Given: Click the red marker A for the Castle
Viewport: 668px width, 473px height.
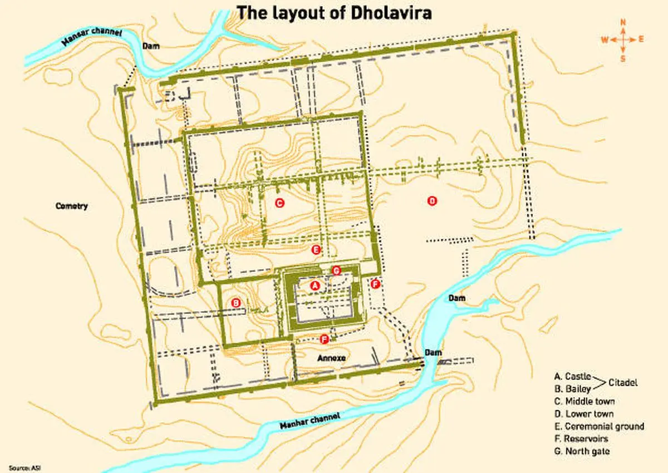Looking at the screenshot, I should (x=315, y=285).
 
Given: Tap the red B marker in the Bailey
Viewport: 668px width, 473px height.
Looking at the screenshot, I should (x=236, y=303).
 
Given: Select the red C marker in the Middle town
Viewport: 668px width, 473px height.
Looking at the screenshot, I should (x=279, y=203).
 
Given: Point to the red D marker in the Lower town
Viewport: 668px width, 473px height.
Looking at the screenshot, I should (x=431, y=201).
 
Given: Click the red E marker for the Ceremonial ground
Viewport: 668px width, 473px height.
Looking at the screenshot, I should (x=316, y=250).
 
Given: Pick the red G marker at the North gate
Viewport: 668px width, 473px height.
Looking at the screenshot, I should (x=336, y=270).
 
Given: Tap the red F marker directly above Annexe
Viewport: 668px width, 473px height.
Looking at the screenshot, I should (x=324, y=338).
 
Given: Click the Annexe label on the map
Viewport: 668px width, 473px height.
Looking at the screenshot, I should (x=331, y=358).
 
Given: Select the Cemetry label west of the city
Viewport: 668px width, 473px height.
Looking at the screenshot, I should (x=72, y=206).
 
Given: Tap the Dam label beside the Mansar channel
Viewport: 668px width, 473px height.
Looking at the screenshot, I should (x=151, y=46).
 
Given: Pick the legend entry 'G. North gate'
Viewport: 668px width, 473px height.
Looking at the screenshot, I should (x=587, y=451).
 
